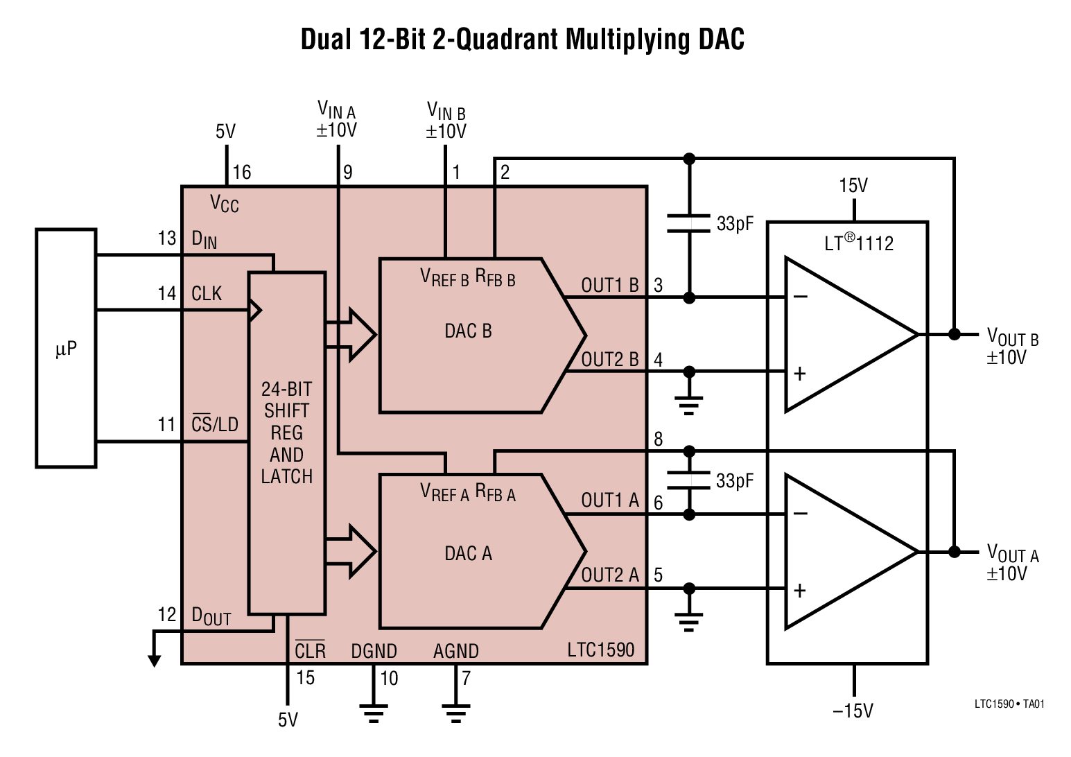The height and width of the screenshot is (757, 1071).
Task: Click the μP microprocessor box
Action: tap(66, 349)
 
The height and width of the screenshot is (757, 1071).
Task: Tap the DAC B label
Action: tap(468, 331)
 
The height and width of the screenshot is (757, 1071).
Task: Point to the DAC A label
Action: tap(468, 553)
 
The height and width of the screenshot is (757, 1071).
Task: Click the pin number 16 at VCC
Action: tap(241, 173)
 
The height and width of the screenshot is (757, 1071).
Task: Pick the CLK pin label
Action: tap(207, 294)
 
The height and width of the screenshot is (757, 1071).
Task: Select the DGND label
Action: tap(374, 652)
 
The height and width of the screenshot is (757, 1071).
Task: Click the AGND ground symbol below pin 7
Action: tap(456, 713)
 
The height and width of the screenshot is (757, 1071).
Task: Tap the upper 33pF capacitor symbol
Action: tap(688, 223)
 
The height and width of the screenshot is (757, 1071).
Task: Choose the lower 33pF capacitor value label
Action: tap(734, 480)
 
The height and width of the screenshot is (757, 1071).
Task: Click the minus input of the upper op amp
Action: tap(800, 297)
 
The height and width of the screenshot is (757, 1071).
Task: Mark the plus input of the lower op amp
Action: tap(800, 590)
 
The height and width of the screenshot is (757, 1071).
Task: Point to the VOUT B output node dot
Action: tap(954, 334)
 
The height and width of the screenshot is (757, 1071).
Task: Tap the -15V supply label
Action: tap(853, 711)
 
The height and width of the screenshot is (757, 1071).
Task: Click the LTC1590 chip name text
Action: tap(600, 650)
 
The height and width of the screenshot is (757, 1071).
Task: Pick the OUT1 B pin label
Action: tap(609, 286)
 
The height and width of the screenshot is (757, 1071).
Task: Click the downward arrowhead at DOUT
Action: tap(154, 660)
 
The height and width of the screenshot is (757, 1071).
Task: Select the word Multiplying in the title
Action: tap(628, 40)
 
